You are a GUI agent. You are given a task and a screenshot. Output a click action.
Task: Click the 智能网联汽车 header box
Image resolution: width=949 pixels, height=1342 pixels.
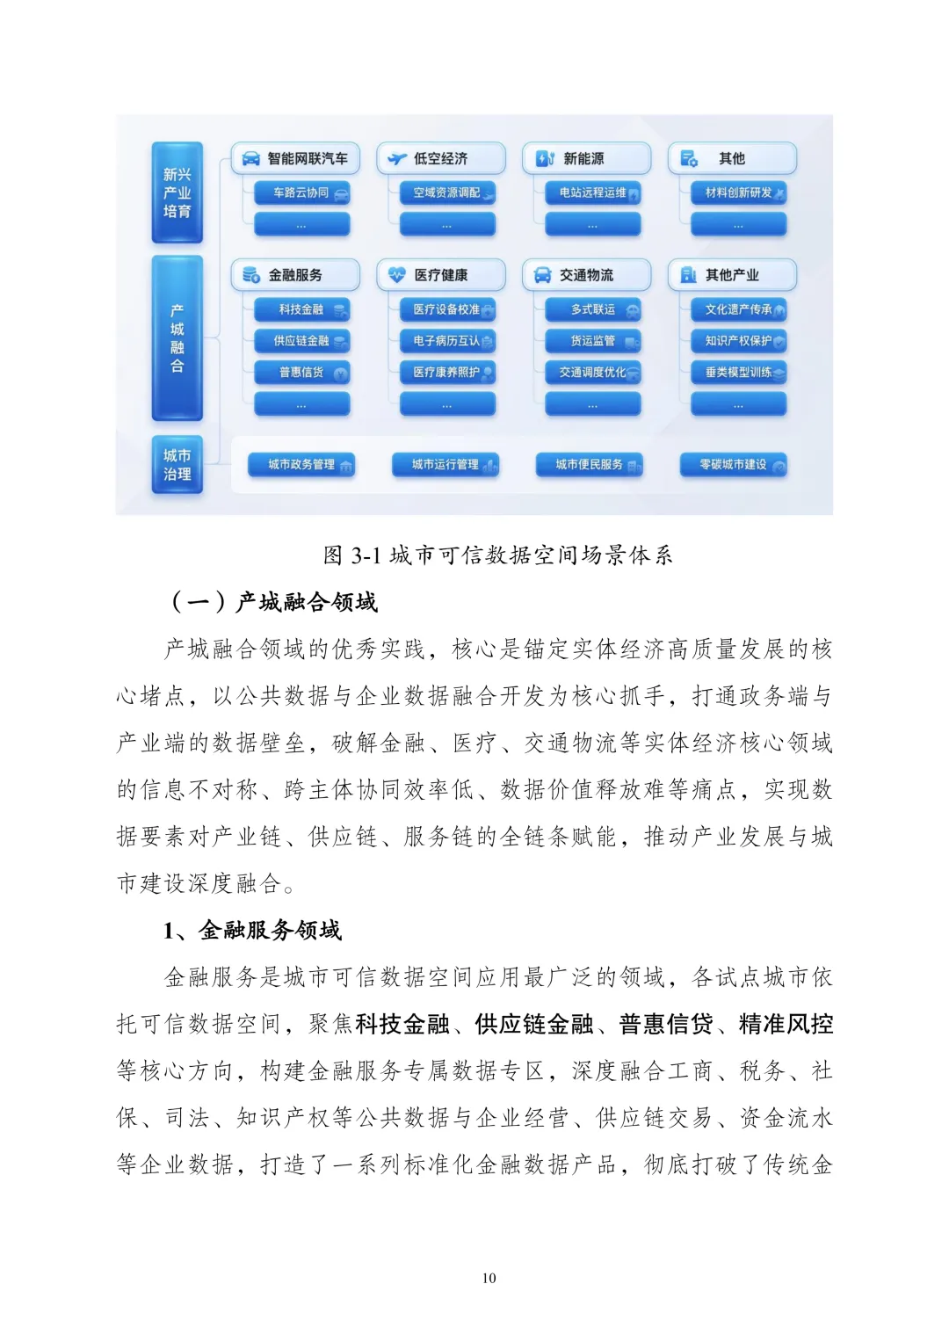click(295, 158)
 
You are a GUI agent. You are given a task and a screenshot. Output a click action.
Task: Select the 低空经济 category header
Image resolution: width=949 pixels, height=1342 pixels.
click(441, 158)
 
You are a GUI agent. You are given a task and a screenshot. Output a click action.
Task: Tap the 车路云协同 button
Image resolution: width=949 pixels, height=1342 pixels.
click(302, 193)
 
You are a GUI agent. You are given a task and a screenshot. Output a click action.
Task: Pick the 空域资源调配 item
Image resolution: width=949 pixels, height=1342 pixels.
click(447, 193)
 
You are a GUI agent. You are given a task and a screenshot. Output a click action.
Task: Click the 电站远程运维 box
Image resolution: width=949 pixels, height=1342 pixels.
click(593, 193)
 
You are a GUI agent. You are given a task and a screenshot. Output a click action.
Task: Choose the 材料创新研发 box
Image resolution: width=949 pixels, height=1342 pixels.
click(739, 193)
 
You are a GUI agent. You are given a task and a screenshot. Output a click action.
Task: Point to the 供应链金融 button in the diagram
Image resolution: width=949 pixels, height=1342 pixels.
click(302, 341)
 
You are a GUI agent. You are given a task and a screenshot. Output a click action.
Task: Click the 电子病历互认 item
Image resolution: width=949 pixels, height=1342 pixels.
click(447, 341)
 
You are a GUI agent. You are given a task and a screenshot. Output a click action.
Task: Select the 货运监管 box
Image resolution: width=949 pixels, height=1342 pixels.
click(593, 341)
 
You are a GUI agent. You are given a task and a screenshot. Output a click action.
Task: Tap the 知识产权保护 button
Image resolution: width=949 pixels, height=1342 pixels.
click(739, 341)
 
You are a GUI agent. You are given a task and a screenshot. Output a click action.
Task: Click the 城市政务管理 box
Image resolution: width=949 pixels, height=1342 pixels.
click(301, 465)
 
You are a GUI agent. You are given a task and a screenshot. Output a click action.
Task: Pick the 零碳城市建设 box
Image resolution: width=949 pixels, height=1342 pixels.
click(734, 465)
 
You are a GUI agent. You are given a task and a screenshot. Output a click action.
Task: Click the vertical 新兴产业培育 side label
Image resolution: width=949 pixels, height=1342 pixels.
click(177, 192)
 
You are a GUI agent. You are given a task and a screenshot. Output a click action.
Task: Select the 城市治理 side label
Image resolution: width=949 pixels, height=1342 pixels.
click(177, 465)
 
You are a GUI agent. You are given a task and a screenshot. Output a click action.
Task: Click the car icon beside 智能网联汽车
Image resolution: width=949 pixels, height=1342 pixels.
click(250, 159)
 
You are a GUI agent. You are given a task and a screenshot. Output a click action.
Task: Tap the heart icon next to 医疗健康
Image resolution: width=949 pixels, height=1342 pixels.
click(396, 275)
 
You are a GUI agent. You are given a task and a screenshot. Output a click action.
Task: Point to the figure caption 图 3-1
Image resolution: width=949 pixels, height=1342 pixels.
click(497, 555)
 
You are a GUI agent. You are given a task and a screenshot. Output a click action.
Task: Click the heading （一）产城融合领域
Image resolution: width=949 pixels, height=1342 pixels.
click(274, 602)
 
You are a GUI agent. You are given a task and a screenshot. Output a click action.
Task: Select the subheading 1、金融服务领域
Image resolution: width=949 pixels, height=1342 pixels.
click(252, 931)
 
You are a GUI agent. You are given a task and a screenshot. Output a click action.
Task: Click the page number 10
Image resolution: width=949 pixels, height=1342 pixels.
click(489, 1278)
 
